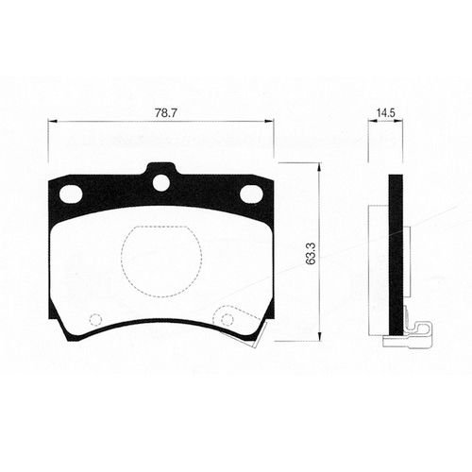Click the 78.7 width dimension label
click(166, 113)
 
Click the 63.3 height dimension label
click(311, 253)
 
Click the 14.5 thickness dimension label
click(386, 113)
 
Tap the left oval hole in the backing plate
click(71, 194)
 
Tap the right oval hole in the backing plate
click(251, 194)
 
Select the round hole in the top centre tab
click(161, 183)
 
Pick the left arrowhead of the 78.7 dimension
click(51, 121)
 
